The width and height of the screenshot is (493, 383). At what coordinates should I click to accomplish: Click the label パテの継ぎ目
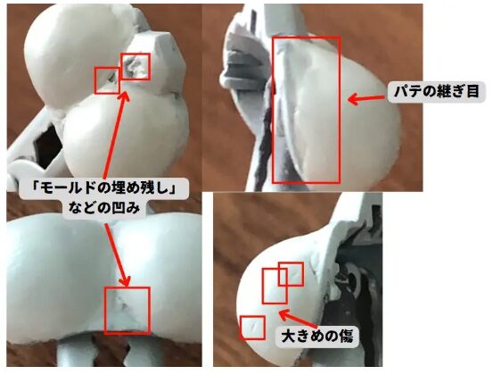[x=437, y=92]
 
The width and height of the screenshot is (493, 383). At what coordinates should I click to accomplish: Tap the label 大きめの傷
[x=317, y=337]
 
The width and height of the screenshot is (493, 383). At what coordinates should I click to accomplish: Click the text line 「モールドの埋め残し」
[x=103, y=188]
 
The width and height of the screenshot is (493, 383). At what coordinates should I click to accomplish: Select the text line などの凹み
[x=103, y=207]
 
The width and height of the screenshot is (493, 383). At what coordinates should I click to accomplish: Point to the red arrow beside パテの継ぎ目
[x=366, y=98]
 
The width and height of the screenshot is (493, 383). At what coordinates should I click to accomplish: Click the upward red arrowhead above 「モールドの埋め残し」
[x=125, y=96]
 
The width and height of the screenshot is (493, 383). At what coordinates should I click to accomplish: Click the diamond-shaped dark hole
[x=49, y=143]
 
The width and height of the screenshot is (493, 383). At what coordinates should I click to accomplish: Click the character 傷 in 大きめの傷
[x=346, y=337]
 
